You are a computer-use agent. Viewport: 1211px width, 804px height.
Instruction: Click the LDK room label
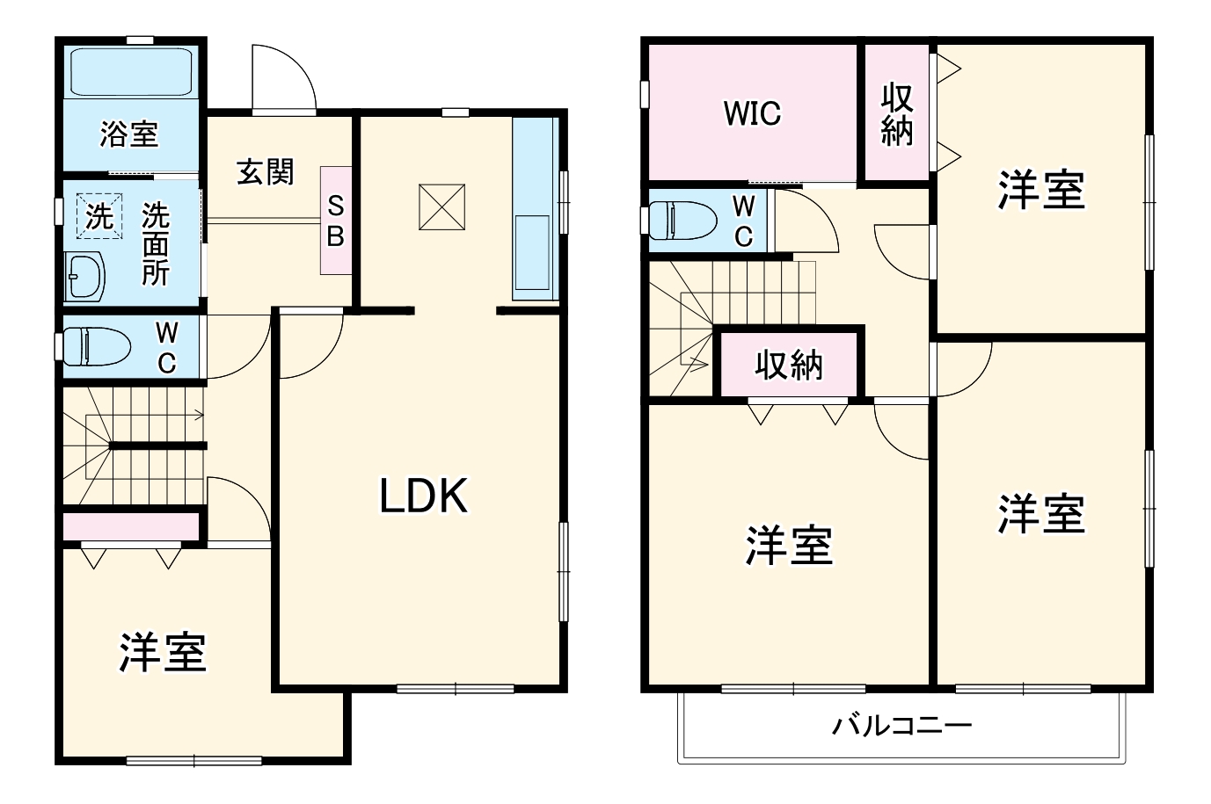point(424,496)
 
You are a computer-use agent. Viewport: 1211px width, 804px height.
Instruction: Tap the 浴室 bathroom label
point(128,134)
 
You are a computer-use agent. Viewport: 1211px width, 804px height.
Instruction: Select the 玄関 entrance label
point(265,172)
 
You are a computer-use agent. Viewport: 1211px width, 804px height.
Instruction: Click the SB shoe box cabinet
point(335,221)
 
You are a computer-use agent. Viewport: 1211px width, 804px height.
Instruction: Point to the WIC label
point(752,113)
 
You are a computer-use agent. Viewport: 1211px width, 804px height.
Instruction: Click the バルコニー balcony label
point(901,726)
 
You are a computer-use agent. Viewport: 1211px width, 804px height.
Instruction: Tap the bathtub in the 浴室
point(130,71)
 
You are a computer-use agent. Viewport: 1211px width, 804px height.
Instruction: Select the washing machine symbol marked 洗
point(98,215)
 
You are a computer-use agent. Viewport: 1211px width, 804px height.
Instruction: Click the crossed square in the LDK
point(441,206)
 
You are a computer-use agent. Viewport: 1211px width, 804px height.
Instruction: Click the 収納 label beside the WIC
point(897,113)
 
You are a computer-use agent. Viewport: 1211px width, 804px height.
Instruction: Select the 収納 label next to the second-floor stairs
point(789,364)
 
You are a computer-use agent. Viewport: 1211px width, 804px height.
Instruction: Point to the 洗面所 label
point(156,243)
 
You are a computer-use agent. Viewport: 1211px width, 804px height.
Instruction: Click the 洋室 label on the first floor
point(163,653)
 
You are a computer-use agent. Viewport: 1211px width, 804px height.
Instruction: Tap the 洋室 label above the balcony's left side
point(789,546)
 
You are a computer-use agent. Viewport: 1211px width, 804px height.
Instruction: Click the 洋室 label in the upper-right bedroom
point(1041,189)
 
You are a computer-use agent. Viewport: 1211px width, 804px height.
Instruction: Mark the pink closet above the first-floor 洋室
point(130,526)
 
